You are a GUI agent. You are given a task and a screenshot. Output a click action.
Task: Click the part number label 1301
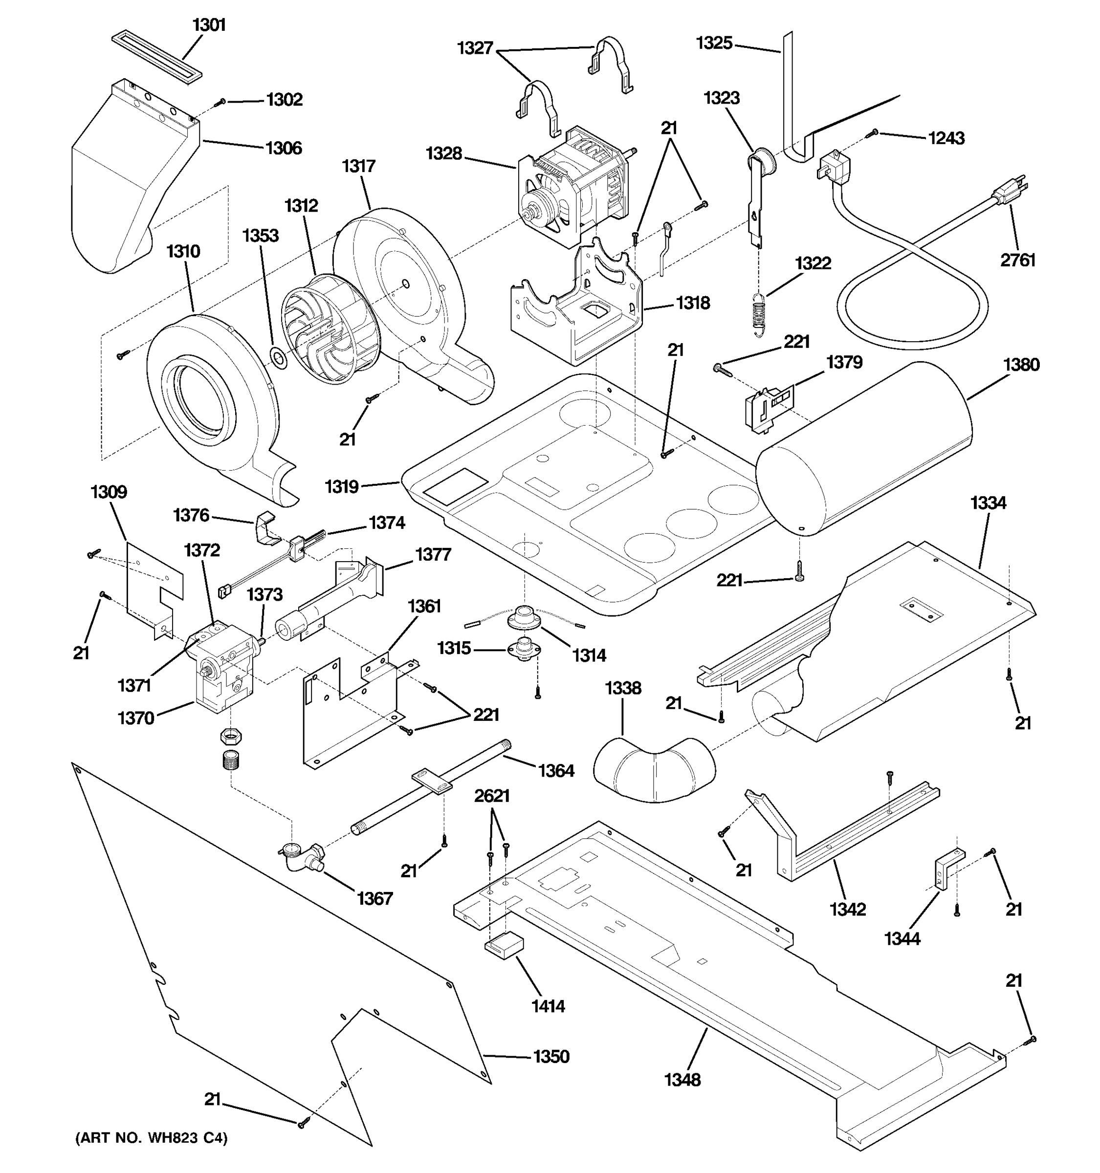click(x=209, y=25)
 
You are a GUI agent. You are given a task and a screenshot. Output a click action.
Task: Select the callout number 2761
click(x=1017, y=260)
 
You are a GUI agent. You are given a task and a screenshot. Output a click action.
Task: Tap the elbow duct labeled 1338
click(x=652, y=768)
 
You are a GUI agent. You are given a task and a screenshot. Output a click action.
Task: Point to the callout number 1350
click(x=551, y=1056)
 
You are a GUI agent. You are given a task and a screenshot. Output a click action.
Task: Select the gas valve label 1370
click(x=136, y=718)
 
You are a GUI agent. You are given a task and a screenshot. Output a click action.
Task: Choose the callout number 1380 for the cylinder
click(x=1020, y=365)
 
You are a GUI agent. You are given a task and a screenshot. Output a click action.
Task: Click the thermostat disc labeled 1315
click(x=522, y=649)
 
